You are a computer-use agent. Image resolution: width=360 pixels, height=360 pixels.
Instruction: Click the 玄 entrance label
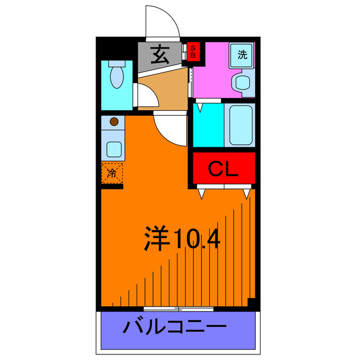[160, 55]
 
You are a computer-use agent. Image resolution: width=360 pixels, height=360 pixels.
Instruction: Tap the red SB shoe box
[192, 52]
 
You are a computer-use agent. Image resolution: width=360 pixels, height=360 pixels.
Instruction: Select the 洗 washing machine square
[242, 55]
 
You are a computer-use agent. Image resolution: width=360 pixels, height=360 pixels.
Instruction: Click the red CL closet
[224, 169]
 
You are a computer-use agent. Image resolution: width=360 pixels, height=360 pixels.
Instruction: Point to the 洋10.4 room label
[181, 240]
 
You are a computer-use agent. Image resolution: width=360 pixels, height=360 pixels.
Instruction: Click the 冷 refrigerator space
[112, 173]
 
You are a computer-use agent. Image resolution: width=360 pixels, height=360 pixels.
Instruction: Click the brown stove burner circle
[114, 121]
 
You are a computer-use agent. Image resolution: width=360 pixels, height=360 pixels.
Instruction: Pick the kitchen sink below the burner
[114, 149]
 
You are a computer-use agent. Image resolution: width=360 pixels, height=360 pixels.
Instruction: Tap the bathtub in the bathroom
[240, 125]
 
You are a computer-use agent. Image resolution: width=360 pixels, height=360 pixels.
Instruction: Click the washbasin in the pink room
[244, 83]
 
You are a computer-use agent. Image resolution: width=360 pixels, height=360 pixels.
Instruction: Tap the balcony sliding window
[178, 309]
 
